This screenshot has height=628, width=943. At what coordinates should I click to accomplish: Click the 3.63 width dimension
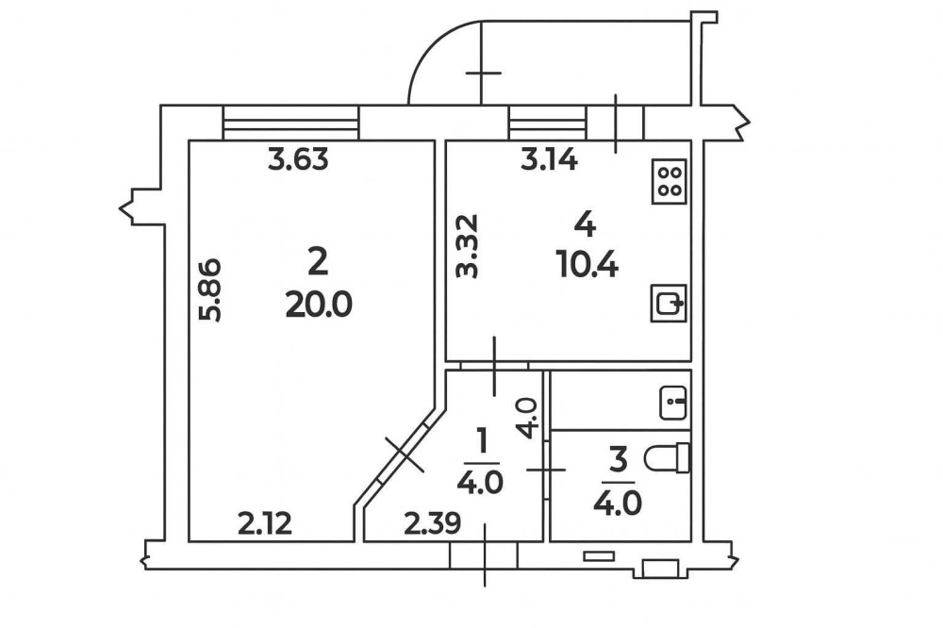(x=298, y=160)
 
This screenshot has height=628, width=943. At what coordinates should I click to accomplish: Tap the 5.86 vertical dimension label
(x=212, y=289)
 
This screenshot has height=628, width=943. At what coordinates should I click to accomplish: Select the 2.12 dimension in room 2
(x=265, y=521)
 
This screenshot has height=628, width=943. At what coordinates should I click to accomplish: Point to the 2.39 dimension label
(x=432, y=521)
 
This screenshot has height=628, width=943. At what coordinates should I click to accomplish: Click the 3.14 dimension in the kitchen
(x=549, y=160)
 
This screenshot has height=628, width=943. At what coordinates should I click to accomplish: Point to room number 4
(x=586, y=223)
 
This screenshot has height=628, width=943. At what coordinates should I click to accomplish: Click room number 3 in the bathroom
(x=619, y=461)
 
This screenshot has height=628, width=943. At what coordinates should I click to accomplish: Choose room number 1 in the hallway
(x=484, y=439)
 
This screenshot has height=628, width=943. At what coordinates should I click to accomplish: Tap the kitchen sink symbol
(x=670, y=304)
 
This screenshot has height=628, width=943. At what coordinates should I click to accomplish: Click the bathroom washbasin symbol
(x=673, y=403)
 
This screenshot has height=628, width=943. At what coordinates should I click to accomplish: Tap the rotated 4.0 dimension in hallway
(x=528, y=416)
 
